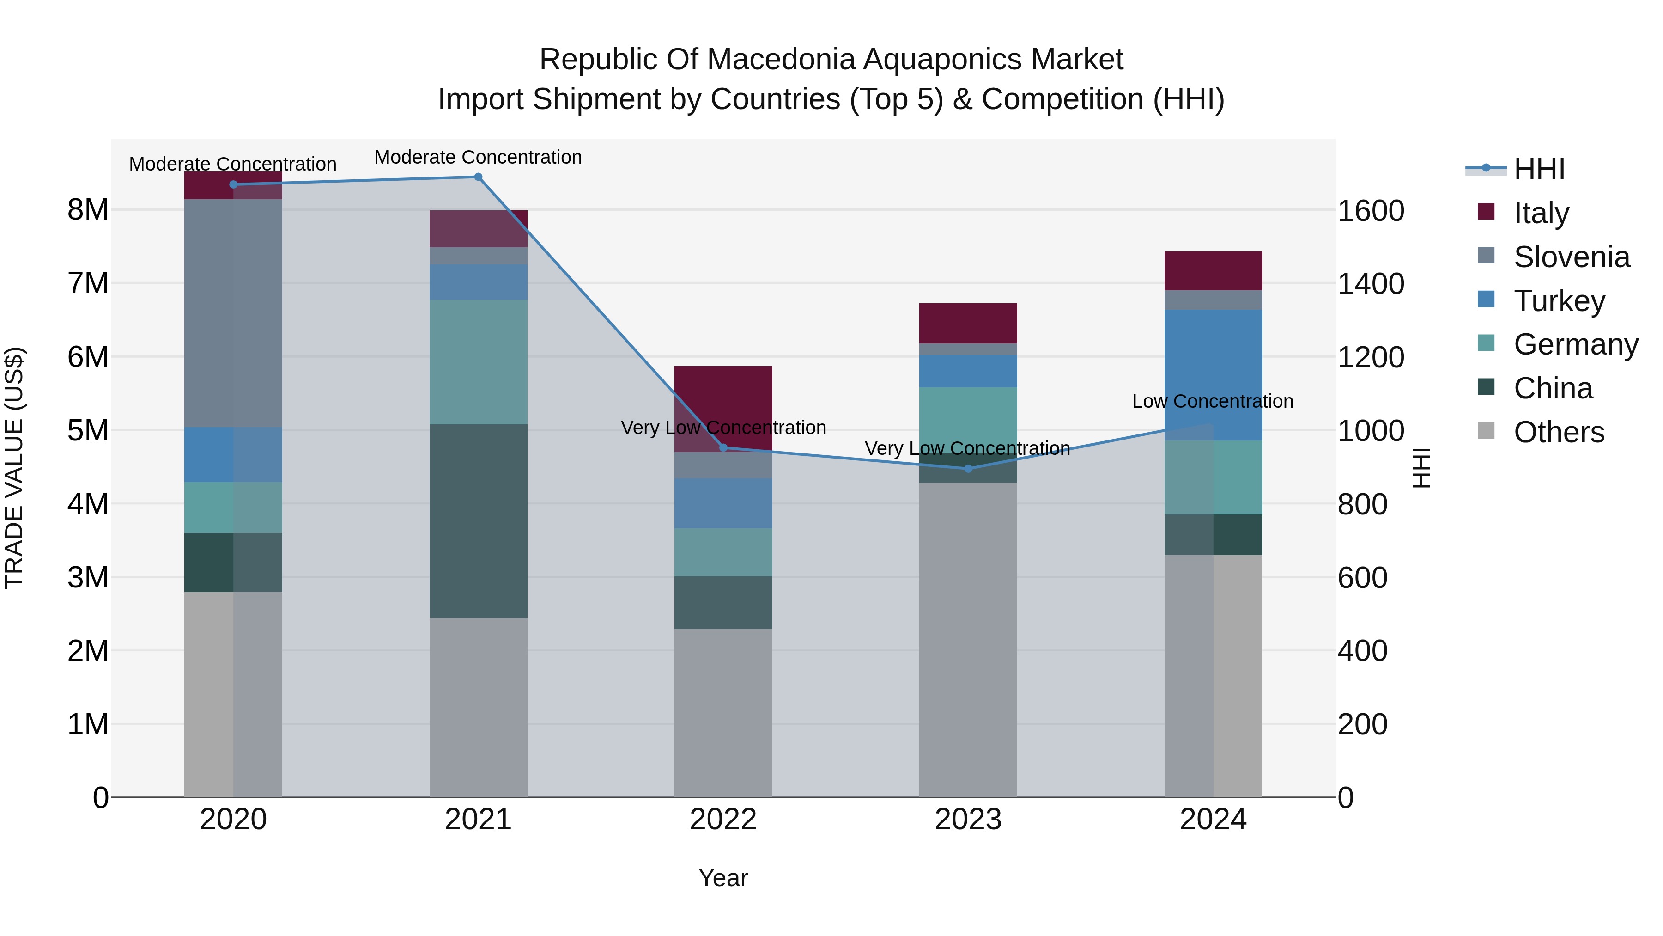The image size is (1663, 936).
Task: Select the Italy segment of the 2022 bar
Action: (723, 408)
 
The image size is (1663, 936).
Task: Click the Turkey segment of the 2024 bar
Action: (1213, 375)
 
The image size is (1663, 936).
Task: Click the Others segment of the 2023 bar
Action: (968, 640)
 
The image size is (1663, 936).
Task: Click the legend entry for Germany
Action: (1575, 344)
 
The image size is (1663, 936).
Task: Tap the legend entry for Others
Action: (1559, 432)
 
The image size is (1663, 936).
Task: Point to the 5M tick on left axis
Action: (88, 430)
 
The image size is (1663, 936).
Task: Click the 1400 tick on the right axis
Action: (1370, 284)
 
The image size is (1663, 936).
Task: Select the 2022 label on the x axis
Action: (723, 820)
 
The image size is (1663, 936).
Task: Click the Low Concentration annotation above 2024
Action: (1213, 401)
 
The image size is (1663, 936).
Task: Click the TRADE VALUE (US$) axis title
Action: (14, 468)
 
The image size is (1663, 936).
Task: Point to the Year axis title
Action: (723, 878)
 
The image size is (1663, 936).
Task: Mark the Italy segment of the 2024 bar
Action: (1213, 271)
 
